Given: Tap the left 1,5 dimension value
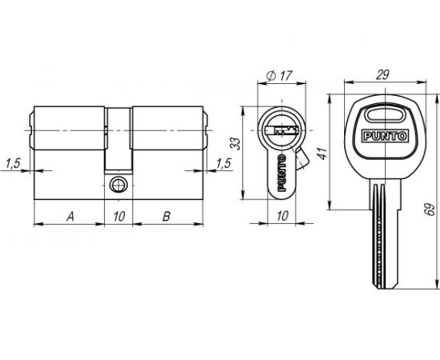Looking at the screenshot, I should point(13,163).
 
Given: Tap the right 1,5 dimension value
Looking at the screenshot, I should point(223,163).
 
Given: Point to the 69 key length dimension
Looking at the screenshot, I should point(430,210).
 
